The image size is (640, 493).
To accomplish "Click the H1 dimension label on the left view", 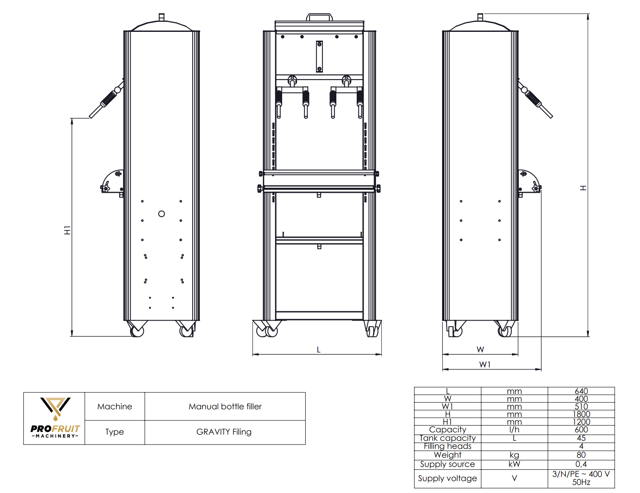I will click(x=67, y=230).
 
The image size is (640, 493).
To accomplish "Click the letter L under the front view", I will click(x=318, y=349).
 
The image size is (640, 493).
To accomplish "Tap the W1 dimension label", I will click(x=485, y=364).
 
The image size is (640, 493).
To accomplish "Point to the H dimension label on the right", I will click(x=583, y=188).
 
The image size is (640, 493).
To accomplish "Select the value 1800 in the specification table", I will click(x=581, y=414).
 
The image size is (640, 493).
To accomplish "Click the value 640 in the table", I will click(x=581, y=391).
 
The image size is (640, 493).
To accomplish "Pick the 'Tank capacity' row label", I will click(x=447, y=438).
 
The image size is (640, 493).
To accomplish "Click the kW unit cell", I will click(x=514, y=464).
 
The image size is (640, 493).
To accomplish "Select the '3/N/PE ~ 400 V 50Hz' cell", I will click(x=581, y=478).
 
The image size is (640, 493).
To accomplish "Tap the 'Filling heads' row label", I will click(x=447, y=446).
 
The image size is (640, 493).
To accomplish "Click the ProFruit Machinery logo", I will click(x=55, y=418).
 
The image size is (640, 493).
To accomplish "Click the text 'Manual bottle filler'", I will click(x=225, y=406).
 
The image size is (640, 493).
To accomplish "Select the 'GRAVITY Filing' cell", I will click(x=224, y=432).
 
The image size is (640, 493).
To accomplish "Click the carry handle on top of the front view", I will click(x=319, y=17).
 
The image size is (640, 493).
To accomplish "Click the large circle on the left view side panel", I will click(x=161, y=214).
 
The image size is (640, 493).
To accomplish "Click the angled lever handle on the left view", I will click(x=106, y=101).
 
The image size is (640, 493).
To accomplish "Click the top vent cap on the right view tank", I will click(x=480, y=17).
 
